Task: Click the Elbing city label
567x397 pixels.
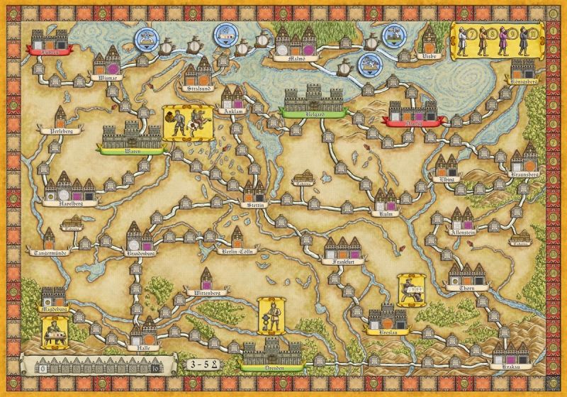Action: [x=446, y=179]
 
